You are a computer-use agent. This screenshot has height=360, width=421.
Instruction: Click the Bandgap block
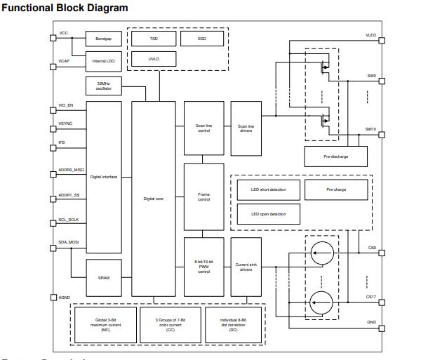point(98,37)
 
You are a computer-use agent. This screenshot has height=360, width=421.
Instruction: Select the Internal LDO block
point(98,62)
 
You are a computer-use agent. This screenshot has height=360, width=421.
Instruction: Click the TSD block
point(153,38)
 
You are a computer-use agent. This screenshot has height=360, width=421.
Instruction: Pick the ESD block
point(202,38)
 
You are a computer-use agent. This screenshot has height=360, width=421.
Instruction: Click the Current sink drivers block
point(246,267)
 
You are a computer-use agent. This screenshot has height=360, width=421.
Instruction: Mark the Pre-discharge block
point(335,156)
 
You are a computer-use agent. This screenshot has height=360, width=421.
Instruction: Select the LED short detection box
point(267,189)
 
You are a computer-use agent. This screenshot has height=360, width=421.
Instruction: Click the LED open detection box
point(267,213)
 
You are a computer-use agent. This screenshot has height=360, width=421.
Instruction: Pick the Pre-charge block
point(335,189)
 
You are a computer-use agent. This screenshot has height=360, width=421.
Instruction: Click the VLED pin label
point(370,34)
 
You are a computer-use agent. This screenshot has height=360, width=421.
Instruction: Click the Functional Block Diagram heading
point(65,8)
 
